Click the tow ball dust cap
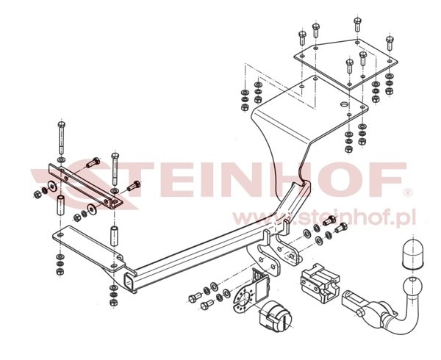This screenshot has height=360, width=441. pyautogui.click(x=412, y=254)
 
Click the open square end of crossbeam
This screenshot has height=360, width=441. pyautogui.click(x=130, y=281)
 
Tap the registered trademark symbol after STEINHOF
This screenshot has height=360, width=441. pyautogui.click(x=407, y=192)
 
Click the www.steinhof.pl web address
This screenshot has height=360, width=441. pyautogui.click(x=323, y=217)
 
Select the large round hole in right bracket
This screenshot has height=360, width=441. pyautogui.click(x=344, y=104)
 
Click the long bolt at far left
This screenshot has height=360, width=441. pyautogui.click(x=61, y=138)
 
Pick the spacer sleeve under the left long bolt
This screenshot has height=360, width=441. pyautogui.click(x=61, y=206)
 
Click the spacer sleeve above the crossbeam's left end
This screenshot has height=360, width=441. pyautogui.click(x=114, y=236)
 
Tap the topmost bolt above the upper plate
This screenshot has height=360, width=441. pyautogui.click(x=357, y=24)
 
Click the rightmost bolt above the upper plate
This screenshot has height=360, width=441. pyautogui.click(x=390, y=43)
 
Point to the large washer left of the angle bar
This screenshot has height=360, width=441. pyautogui.click(x=52, y=186)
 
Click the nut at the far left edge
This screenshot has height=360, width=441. pyautogui.click(x=37, y=195)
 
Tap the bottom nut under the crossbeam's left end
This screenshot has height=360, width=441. pyautogui.click(x=113, y=303)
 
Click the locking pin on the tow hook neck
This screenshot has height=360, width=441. pyautogui.click(x=360, y=312)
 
